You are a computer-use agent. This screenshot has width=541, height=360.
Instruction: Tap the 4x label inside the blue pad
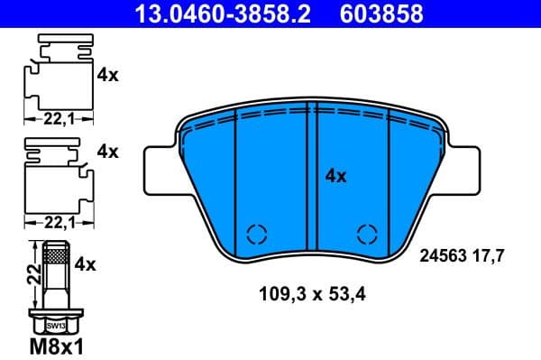(335, 177)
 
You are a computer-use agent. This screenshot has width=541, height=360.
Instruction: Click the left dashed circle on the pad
(256, 234)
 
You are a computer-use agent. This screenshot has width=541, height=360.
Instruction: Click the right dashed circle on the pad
(367, 234)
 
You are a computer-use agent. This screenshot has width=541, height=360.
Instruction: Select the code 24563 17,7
(461, 255)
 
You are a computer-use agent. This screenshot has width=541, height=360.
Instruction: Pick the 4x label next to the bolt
(87, 265)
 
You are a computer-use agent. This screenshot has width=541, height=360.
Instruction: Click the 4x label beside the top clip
(107, 76)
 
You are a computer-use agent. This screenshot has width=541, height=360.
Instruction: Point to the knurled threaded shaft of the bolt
(56, 271)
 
